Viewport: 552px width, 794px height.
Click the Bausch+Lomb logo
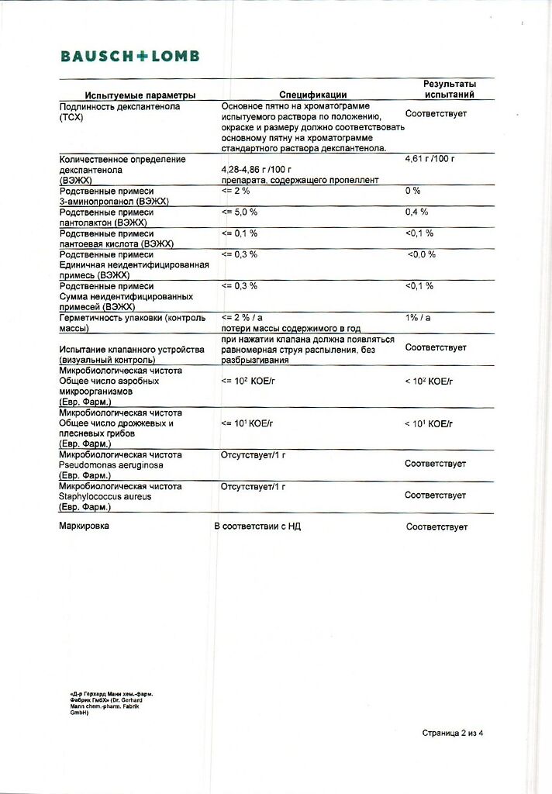[x=130, y=56]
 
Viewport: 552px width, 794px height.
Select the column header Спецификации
[x=312, y=95]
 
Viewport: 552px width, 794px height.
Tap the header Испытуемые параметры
[x=140, y=95]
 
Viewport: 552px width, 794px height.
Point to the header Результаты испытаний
[x=449, y=89]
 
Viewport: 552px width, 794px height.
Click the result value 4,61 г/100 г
[x=429, y=159]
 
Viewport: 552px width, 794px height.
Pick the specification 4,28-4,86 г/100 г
[x=256, y=169]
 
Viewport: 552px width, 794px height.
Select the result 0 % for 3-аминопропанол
[x=412, y=191]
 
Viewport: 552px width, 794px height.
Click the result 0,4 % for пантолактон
[x=416, y=212]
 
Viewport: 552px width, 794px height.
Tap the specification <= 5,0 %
[x=239, y=212]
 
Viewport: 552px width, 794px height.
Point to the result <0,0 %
[x=421, y=254]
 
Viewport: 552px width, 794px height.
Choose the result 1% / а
[x=419, y=318]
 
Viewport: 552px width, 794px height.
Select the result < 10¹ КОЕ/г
[x=428, y=423]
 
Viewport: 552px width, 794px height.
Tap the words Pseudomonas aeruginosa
[x=100, y=464]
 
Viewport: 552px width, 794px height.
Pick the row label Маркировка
[x=84, y=526]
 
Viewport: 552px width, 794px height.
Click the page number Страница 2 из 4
[x=457, y=732]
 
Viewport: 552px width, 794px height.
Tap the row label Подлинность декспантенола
[x=119, y=106]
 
